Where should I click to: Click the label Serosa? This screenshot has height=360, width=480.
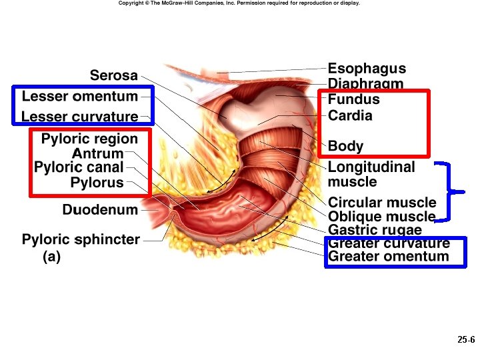(114, 75)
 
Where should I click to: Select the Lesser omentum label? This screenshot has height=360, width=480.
(79, 96)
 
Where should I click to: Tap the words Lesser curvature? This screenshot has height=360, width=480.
(79, 117)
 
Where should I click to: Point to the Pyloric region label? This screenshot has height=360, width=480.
(89, 139)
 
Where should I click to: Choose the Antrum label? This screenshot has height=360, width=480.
(97, 154)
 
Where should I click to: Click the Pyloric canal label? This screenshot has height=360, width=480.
(79, 167)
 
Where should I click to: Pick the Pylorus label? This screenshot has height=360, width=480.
(97, 183)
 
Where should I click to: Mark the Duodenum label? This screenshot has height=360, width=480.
(100, 210)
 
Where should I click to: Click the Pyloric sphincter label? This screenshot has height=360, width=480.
(81, 239)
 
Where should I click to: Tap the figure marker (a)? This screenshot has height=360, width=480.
(51, 256)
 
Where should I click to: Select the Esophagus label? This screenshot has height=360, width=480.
(367, 69)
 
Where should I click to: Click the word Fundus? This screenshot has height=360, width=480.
(353, 99)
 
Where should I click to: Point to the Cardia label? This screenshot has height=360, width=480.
(350, 115)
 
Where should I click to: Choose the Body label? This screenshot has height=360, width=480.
(345, 146)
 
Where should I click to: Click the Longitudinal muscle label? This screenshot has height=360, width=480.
(371, 174)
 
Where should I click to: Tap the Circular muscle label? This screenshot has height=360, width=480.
(382, 203)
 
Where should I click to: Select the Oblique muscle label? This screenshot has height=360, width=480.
(381, 217)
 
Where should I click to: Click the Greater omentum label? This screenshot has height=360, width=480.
(389, 257)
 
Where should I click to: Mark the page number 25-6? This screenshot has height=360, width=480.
(465, 340)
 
